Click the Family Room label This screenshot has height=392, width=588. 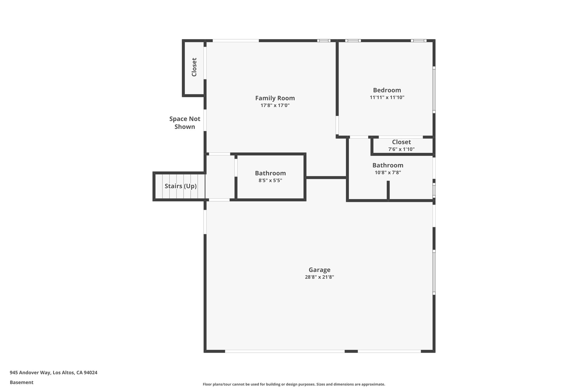[275, 98]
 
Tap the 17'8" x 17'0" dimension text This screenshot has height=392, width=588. [275, 105]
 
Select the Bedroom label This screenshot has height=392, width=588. [387, 90]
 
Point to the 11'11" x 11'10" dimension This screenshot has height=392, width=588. [387, 97]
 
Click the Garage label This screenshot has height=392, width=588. [319, 270]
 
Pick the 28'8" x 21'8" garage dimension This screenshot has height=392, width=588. [319, 277]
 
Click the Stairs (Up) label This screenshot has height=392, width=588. [181, 186]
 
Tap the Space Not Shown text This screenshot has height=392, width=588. [185, 123]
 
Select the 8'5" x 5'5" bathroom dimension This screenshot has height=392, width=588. [270, 180]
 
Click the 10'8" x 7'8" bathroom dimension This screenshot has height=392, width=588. [388, 173]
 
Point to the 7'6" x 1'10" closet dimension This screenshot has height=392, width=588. [401, 149]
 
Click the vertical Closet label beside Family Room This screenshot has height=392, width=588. [194, 67]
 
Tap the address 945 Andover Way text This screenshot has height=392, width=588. [53, 373]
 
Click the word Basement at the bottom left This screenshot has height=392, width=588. [22, 383]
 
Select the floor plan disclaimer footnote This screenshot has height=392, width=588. [294, 384]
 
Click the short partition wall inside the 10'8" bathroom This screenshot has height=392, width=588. [388, 190]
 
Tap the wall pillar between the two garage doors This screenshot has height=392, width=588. [351, 351]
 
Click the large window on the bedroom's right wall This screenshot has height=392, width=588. [434, 90]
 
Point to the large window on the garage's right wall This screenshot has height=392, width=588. [434, 272]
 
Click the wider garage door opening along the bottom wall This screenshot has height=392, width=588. [285, 351]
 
